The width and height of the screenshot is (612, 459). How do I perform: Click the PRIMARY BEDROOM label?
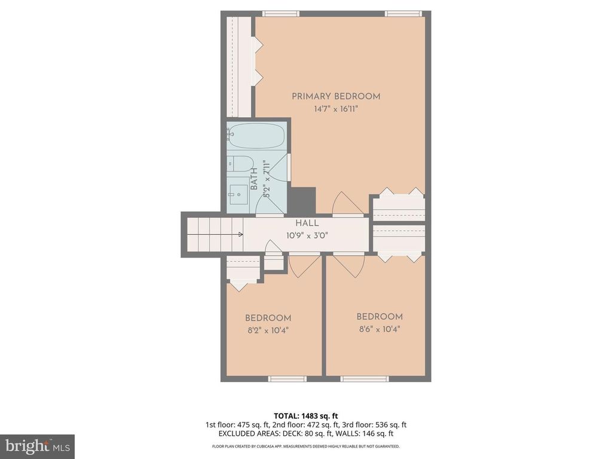336,96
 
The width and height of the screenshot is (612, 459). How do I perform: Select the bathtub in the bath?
256,136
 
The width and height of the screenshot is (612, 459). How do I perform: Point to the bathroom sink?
240,192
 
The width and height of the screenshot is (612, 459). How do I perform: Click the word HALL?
306,223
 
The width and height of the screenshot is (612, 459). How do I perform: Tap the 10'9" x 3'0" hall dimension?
306,235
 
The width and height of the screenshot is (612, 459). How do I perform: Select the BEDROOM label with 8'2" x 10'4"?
268,318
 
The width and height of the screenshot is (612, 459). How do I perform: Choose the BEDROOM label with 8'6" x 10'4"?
380,317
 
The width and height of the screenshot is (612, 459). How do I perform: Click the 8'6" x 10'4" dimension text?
380,329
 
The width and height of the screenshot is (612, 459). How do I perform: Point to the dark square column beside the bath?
303,201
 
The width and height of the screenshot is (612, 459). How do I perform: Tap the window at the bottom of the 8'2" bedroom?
287,378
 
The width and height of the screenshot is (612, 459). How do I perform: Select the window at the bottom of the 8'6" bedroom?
365,378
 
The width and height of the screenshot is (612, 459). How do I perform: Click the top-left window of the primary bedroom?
281,14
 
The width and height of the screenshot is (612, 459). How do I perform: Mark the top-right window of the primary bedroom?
403,14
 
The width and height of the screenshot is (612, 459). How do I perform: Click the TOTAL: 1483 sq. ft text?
305,415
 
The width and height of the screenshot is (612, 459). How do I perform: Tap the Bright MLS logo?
37,446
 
